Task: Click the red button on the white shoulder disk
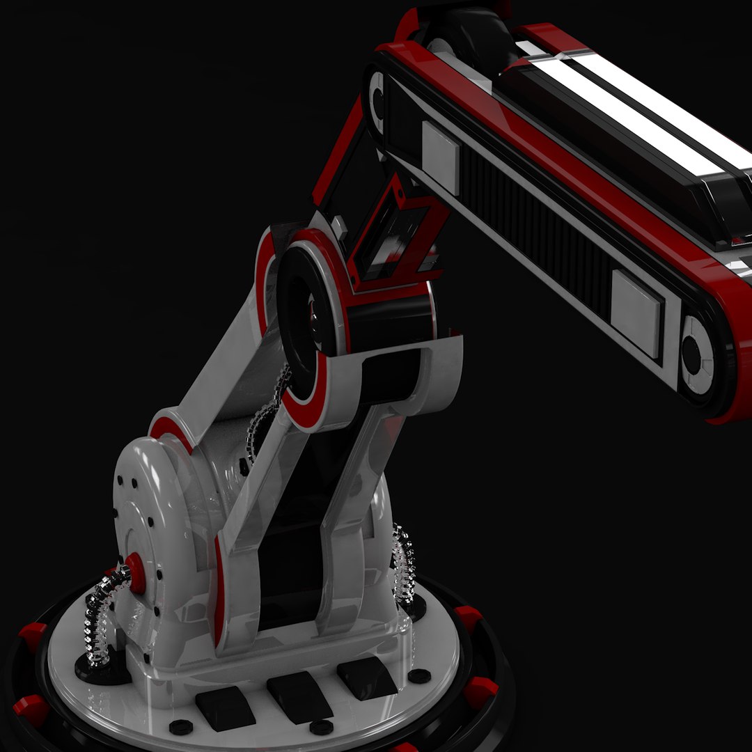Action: pyautogui.click(x=136, y=573)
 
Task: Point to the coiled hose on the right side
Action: pyautogui.click(x=404, y=564)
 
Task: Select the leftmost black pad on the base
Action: pyautogui.click(x=224, y=710)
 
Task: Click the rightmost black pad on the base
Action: pyautogui.click(x=367, y=677)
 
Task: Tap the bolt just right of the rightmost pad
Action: pyautogui.click(x=419, y=675)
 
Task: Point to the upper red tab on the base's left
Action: pyautogui.click(x=32, y=637)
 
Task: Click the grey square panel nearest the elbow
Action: pyautogui.click(x=440, y=157)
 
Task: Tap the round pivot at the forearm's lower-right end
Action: pyautogui.click(x=694, y=354)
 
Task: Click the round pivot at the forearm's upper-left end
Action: pyautogui.click(x=377, y=101)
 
